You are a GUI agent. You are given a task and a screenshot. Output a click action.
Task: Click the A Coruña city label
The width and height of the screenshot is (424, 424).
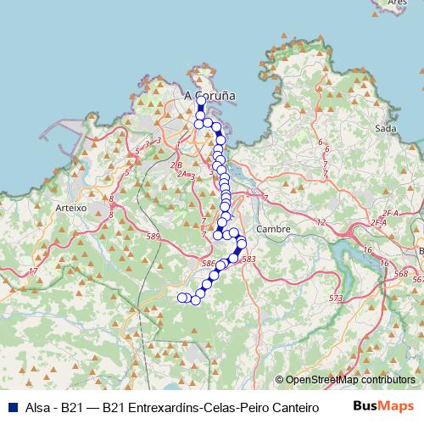tap(209, 96)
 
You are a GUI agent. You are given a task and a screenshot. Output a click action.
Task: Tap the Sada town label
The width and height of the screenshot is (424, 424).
tap(385, 129)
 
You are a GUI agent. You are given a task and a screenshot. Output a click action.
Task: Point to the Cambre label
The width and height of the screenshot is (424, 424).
tap(273, 229)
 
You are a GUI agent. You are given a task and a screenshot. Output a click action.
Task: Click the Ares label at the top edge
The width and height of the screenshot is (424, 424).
tap(397, 3)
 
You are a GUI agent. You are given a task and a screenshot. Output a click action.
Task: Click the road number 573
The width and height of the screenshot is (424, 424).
tap(336, 298)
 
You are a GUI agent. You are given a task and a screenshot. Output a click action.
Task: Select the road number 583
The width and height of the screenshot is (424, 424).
tap(248, 259)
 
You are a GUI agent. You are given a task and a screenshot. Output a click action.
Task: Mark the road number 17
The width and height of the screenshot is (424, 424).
tap(33, 271)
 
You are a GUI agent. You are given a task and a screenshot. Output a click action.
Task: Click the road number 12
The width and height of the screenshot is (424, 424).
tap(320, 222)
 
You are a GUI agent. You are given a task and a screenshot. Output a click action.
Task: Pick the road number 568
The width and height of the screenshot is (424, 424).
tap(400, 275)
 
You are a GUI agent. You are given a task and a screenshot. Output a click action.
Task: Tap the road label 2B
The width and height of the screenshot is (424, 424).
tap(176, 165)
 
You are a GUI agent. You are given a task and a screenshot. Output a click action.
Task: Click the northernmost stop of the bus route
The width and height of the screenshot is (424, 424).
tap(201, 101)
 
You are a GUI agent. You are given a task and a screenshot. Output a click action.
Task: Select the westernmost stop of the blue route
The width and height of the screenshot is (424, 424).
tap(181, 297)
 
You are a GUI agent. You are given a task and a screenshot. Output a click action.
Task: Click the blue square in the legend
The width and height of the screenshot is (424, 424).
tap(10, 407)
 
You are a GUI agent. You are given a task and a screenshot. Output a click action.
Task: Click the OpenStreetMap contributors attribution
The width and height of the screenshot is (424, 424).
tap(350, 380)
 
